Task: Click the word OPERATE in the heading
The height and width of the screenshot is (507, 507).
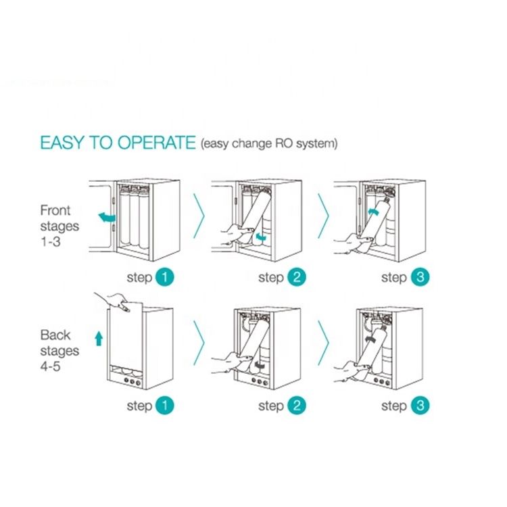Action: pos(157,142)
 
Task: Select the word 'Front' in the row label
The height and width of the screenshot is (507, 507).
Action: pos(55,210)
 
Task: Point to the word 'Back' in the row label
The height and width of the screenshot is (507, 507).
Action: pos(55,335)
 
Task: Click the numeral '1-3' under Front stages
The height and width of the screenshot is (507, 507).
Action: pos(51,241)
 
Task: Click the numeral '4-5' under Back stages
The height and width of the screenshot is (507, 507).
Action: pos(51,366)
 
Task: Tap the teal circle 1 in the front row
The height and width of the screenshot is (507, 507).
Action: pos(164,277)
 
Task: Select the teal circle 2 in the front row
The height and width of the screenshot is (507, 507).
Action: pos(297,277)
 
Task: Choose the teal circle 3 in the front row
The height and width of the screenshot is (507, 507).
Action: pos(420,277)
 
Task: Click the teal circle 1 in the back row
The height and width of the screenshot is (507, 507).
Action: pos(164,406)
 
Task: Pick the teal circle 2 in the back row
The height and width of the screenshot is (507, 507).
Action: pos(297,406)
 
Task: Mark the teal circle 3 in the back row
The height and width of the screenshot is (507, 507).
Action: pos(420,406)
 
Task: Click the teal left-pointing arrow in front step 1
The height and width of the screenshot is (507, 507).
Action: pos(107,217)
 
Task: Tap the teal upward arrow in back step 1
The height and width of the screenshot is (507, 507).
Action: pos(99,339)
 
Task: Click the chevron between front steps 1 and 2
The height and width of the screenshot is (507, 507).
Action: pos(199,216)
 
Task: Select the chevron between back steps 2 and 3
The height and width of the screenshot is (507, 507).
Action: pos(324,343)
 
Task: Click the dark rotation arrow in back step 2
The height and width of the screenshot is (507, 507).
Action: pos(260,365)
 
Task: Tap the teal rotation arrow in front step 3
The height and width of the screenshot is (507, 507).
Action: pos(373,212)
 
